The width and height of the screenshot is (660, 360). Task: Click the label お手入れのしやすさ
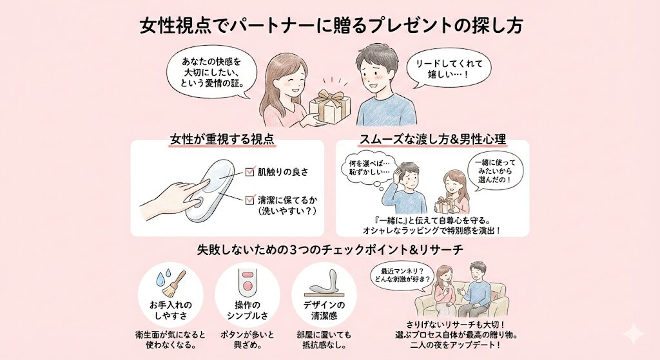point(171,309)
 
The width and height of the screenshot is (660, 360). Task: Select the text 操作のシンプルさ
point(247,309)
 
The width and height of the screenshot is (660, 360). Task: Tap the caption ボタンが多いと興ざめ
point(247,339)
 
